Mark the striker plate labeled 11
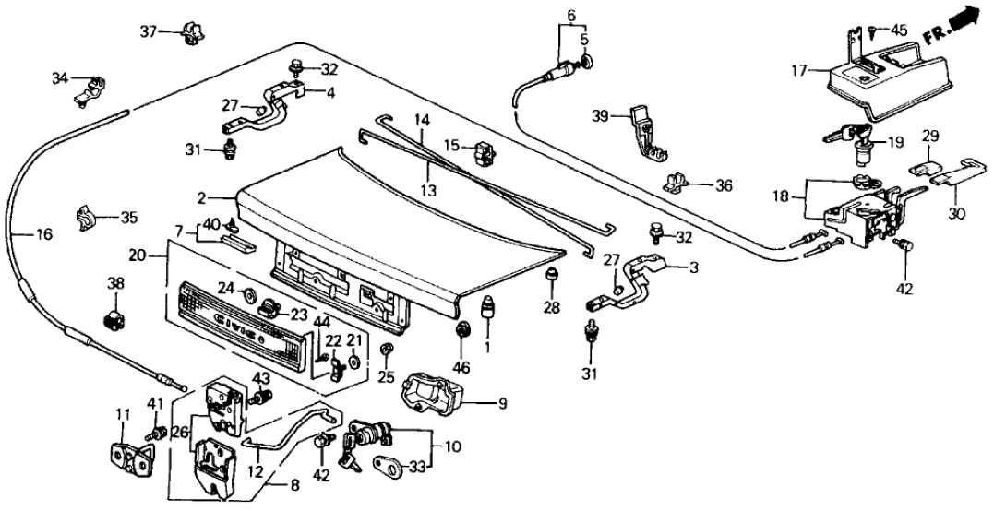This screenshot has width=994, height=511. coord(127,456)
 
